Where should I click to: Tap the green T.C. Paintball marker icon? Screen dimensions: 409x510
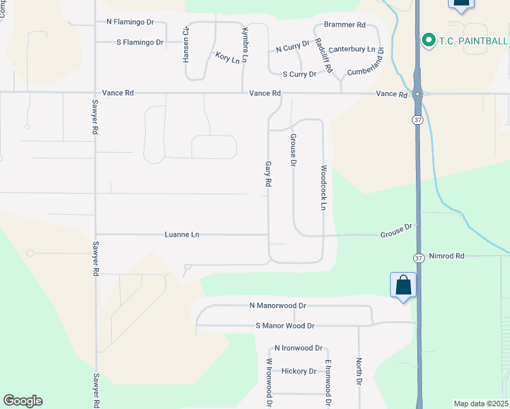click(x=428, y=40)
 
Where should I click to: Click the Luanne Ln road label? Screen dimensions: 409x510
click(x=181, y=234)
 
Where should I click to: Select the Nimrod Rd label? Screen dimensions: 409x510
click(x=447, y=256)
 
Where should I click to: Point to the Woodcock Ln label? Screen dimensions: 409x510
click(x=324, y=187)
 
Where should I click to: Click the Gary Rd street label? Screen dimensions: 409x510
click(x=269, y=175)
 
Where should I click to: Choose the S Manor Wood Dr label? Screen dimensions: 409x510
click(x=284, y=326)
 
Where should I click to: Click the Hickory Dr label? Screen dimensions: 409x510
click(x=299, y=372)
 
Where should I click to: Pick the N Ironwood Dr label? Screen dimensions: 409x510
click(x=298, y=348)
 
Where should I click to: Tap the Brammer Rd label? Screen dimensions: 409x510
click(x=344, y=25)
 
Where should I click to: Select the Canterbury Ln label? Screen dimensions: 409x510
click(x=352, y=50)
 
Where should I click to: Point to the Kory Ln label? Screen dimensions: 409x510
click(x=228, y=58)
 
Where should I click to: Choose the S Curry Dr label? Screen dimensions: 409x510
click(x=299, y=74)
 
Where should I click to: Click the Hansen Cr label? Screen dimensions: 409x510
click(x=186, y=46)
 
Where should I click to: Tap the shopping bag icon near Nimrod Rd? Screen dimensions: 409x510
click(x=403, y=285)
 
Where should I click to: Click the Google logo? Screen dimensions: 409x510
click(x=22, y=401)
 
